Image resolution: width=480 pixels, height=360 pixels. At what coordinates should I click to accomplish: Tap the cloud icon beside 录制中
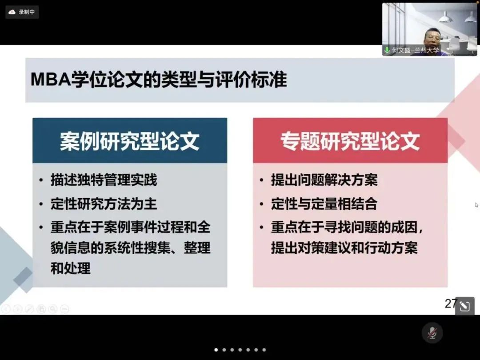point(12,12)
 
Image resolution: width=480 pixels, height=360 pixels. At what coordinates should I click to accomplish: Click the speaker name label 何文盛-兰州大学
point(416,50)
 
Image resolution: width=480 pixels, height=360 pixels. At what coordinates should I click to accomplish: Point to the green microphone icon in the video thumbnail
point(387,50)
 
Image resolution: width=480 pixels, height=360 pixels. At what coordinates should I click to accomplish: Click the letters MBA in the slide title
point(51,80)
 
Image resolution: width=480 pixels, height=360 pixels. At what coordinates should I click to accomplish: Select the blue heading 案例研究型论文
point(130,141)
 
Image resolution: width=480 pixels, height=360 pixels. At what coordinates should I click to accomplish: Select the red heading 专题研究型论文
point(350,141)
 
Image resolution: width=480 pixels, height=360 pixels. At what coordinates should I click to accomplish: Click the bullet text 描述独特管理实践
point(104,180)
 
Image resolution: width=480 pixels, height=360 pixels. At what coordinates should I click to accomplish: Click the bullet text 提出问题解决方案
point(324,180)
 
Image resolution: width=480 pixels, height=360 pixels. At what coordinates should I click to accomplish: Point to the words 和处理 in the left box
point(70,268)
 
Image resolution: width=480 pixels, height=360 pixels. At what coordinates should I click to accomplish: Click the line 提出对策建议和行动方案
point(344,248)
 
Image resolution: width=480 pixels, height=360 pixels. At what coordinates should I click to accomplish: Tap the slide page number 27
point(451,304)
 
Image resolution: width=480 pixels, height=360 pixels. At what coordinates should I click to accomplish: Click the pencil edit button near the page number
point(465,306)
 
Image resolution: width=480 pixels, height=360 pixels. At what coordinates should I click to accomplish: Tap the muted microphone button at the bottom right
point(432,333)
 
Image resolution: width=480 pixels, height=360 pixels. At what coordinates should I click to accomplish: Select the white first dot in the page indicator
point(216,350)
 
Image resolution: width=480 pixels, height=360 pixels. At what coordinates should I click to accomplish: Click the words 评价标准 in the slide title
point(251,80)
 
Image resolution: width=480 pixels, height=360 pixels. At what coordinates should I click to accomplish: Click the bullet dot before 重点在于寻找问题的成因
point(261,228)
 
